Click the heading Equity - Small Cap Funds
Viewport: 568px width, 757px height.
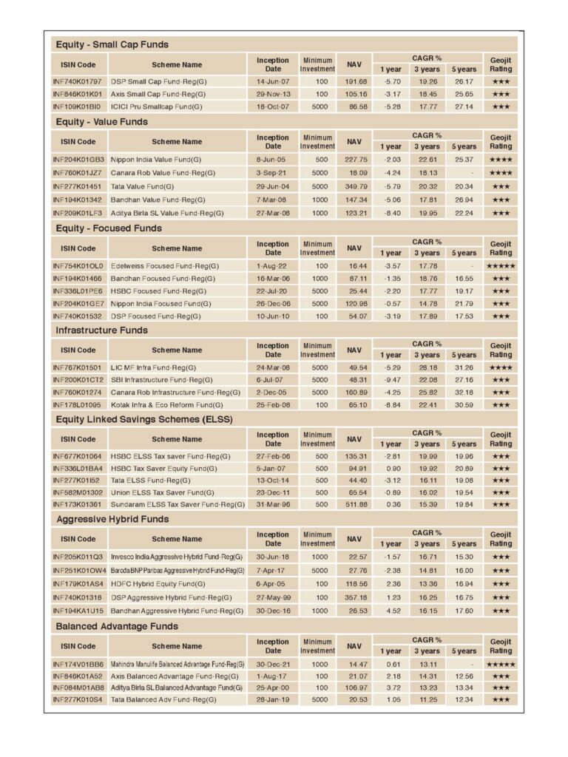[x=112, y=44]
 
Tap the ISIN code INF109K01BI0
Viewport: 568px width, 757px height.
[x=77, y=106]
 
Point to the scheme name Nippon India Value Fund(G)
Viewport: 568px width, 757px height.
[x=155, y=159]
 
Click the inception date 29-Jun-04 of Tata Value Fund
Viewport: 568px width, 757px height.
[x=273, y=186]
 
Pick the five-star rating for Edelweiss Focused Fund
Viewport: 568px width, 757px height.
[x=501, y=265]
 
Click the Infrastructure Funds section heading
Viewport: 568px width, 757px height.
[x=101, y=330]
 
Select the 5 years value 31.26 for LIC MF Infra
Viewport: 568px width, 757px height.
[x=464, y=367]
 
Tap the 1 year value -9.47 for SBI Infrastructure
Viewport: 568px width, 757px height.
[x=391, y=380]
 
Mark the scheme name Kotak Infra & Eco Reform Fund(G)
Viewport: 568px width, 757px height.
[x=167, y=405]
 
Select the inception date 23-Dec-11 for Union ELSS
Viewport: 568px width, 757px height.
[x=273, y=492]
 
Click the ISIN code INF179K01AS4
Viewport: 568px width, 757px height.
[x=78, y=584]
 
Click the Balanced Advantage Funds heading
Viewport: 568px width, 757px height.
[x=117, y=626]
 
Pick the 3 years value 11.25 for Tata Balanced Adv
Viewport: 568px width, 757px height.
[x=427, y=699]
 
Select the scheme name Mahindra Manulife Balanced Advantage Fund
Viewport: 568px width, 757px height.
[x=177, y=664]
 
